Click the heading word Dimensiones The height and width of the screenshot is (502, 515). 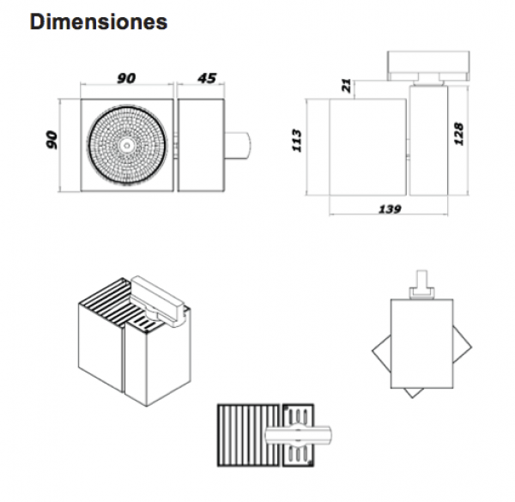click(x=99, y=22)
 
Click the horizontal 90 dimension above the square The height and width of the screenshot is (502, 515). click(x=126, y=78)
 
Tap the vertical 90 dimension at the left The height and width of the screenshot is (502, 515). click(x=51, y=140)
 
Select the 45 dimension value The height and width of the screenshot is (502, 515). click(x=207, y=78)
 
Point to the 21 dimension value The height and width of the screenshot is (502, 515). click(x=347, y=85)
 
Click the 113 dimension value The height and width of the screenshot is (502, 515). click(x=297, y=141)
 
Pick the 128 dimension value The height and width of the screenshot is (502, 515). click(x=458, y=134)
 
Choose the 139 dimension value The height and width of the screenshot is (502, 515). click(x=391, y=209)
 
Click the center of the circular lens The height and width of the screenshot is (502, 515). click(x=126, y=144)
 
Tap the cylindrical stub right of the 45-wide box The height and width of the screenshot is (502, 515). click(x=238, y=145)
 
